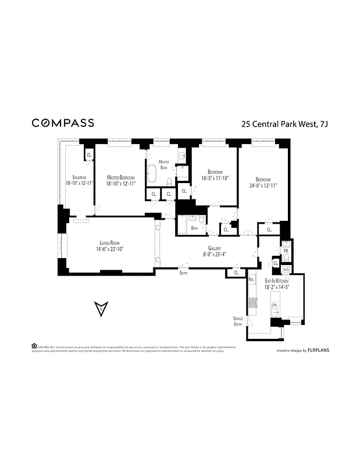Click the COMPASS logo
pyautogui.click(x=63, y=123)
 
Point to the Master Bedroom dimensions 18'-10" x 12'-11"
pyautogui.click(x=120, y=184)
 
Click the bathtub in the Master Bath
pyautogui.click(x=152, y=174)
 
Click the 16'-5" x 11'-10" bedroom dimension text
pyautogui.click(x=214, y=178)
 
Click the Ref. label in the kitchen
pyautogui.click(x=251, y=280)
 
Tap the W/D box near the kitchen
pyautogui.click(x=286, y=270)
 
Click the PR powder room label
pyautogui.click(x=285, y=251)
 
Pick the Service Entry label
pyautogui.click(x=238, y=321)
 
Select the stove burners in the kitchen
pyautogui.click(x=252, y=302)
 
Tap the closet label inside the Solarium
pyautogui.click(x=89, y=154)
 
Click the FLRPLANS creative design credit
pyautogui.click(x=304, y=351)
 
